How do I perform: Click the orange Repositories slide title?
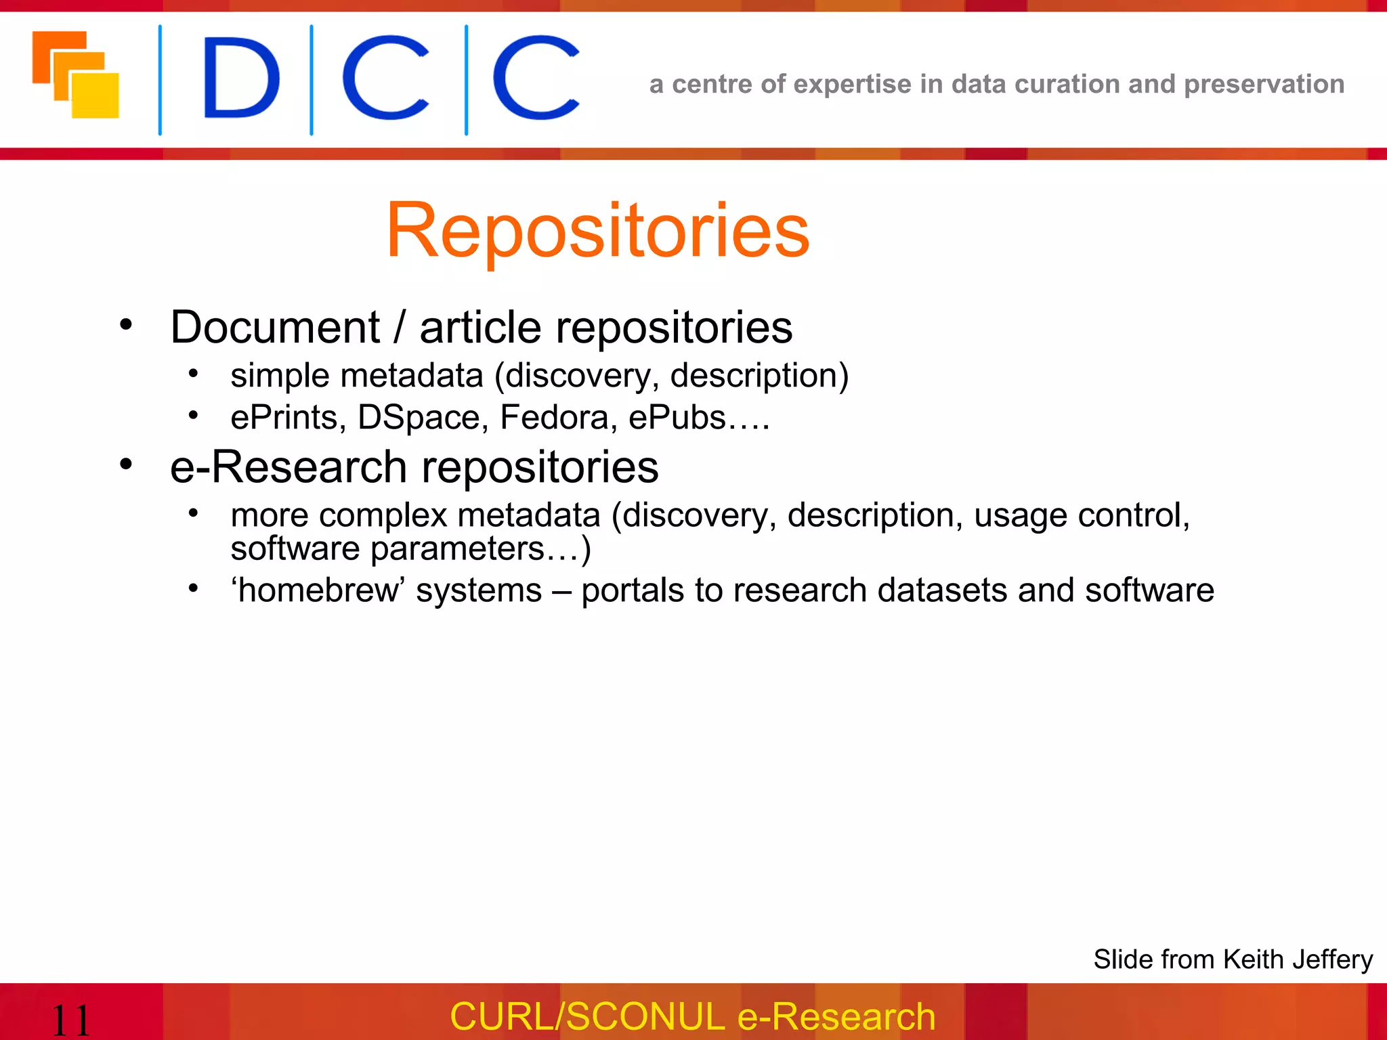[x=597, y=232]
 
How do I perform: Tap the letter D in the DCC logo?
[x=240, y=79]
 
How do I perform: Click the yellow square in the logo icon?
[x=95, y=95]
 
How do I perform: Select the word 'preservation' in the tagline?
[x=1264, y=84]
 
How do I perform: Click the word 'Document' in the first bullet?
[x=275, y=328]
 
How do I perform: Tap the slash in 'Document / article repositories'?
[x=400, y=328]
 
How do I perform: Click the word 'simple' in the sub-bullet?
[x=280, y=376]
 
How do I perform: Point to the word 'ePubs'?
[x=677, y=417]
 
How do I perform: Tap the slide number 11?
[x=70, y=1020]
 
